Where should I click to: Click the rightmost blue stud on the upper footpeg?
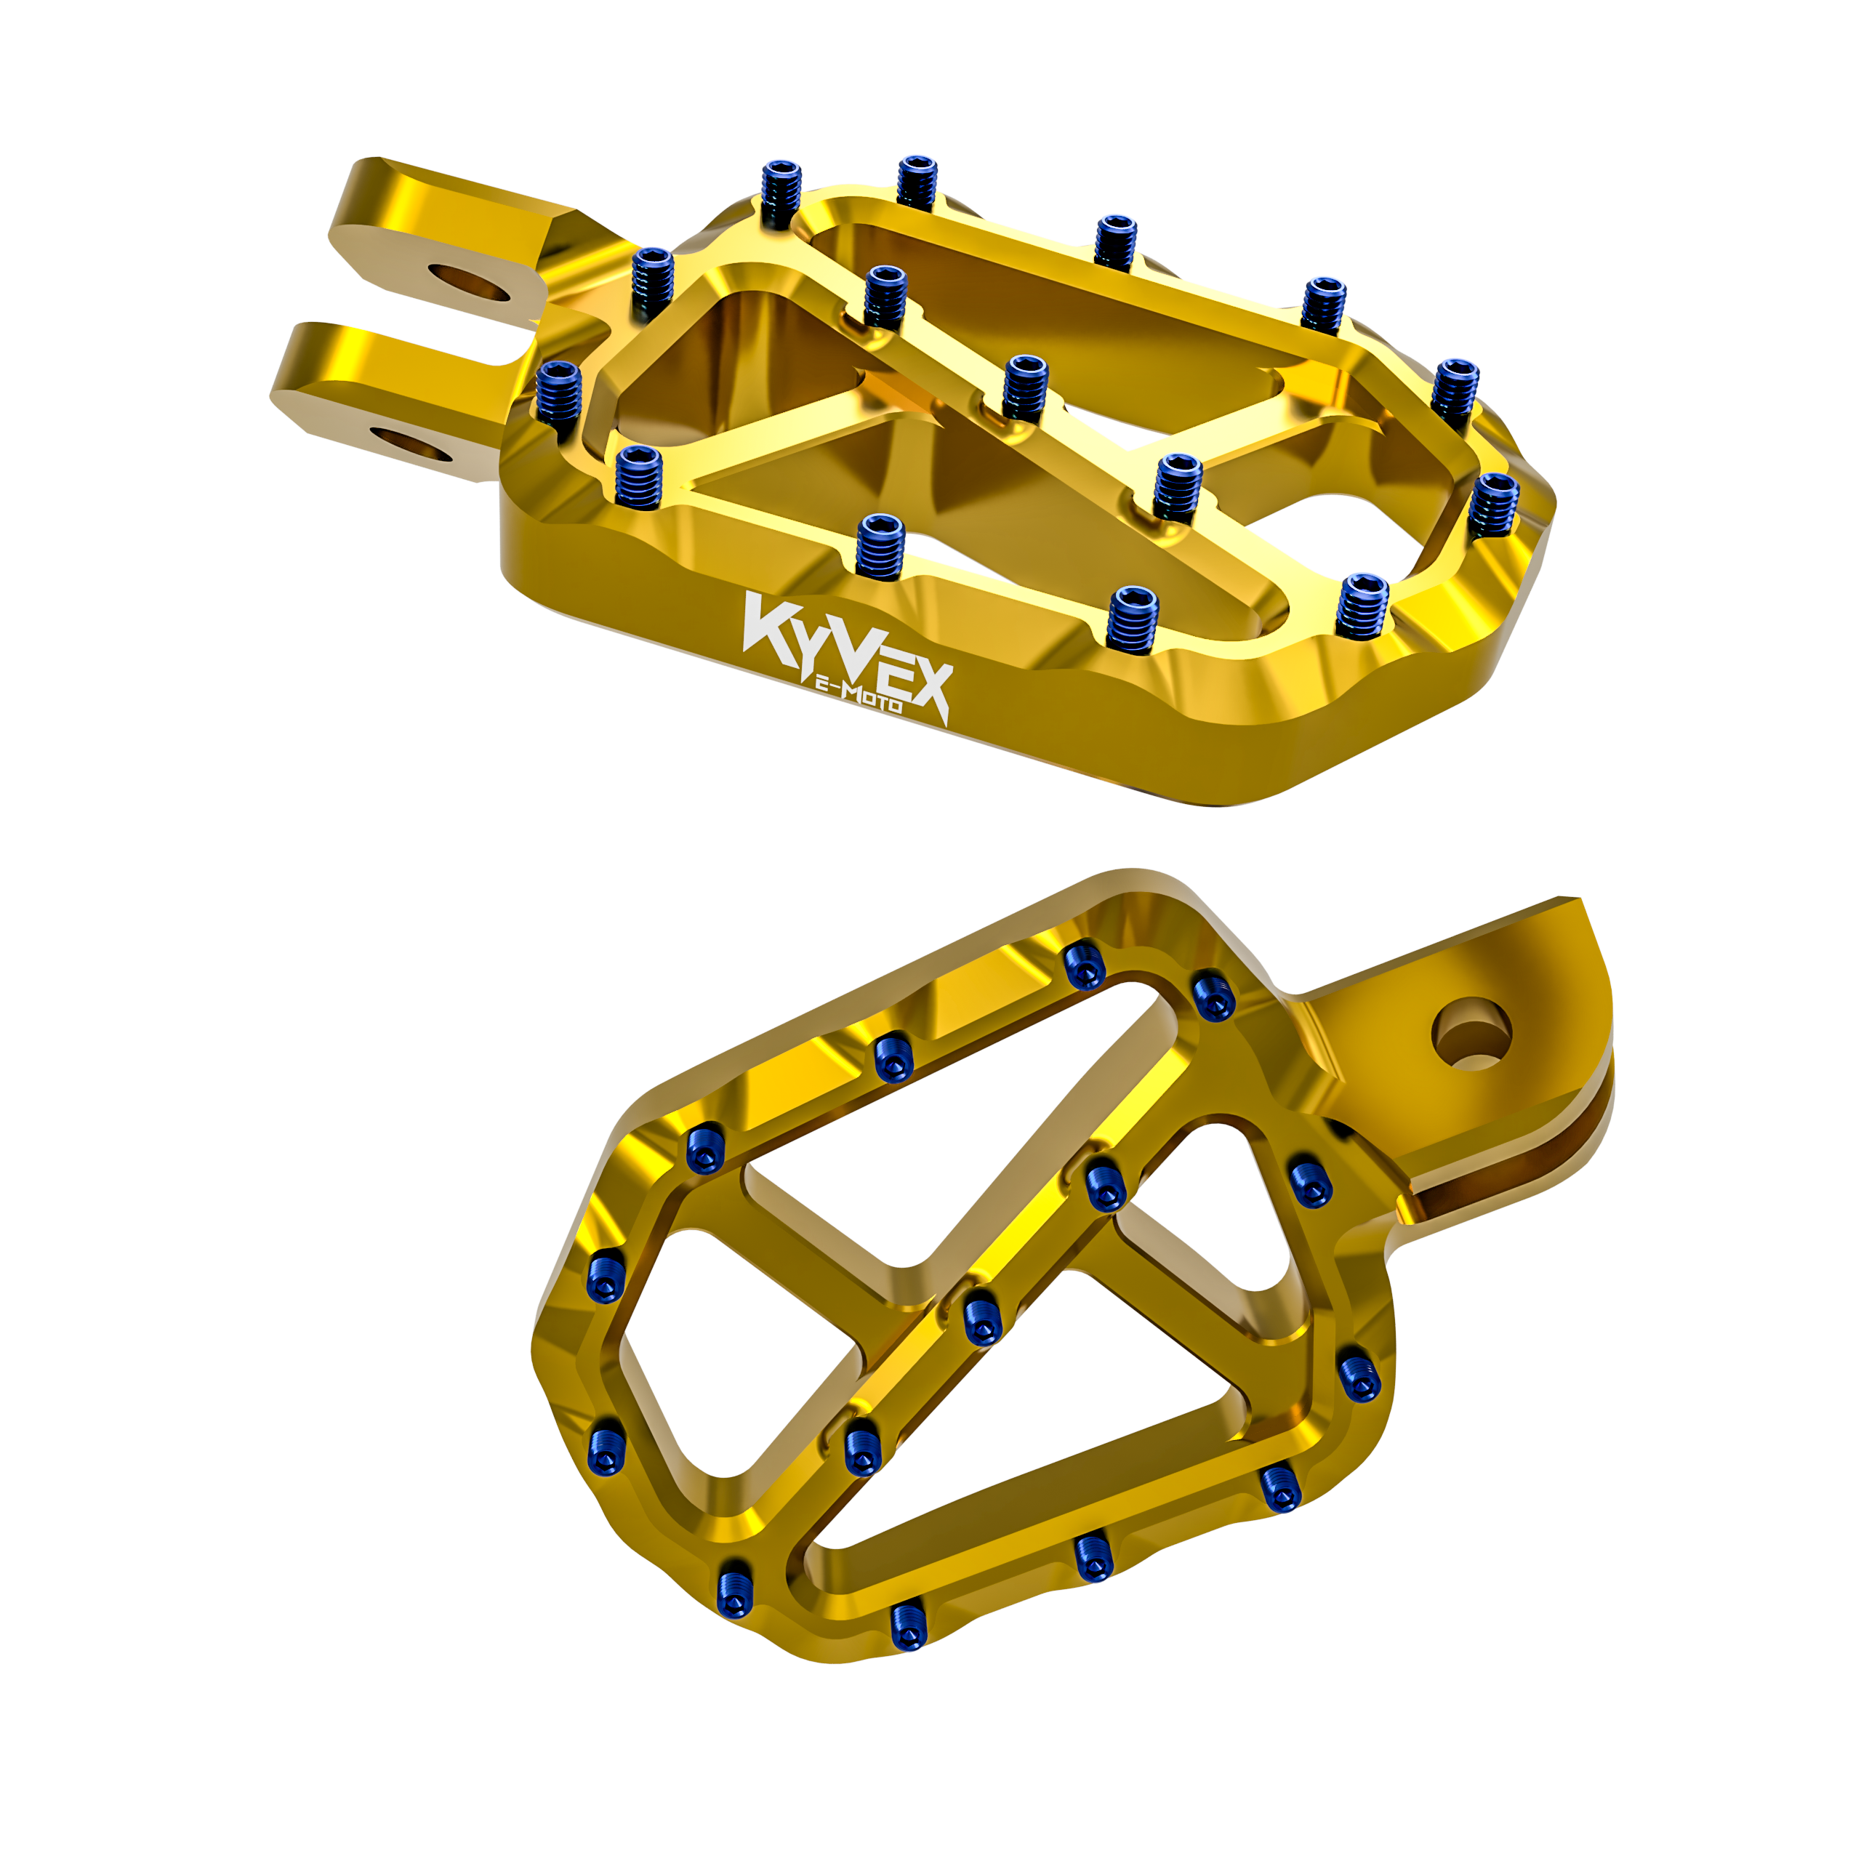click(1492, 501)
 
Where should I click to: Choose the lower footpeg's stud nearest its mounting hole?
click(1213, 997)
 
